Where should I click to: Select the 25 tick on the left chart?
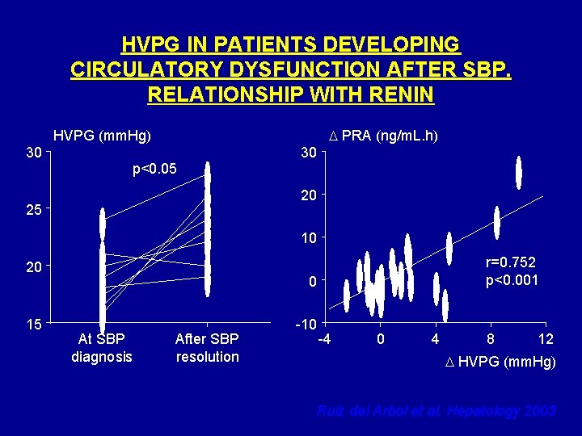coord(33,210)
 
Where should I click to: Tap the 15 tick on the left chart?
coord(33,325)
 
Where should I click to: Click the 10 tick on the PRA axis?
coord(306,238)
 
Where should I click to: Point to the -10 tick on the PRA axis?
coord(304,325)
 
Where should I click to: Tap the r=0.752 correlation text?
coord(511,262)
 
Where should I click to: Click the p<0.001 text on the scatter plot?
coord(511,280)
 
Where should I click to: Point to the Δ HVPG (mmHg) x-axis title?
coord(500,362)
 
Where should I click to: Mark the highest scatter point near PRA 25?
coord(519,173)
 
